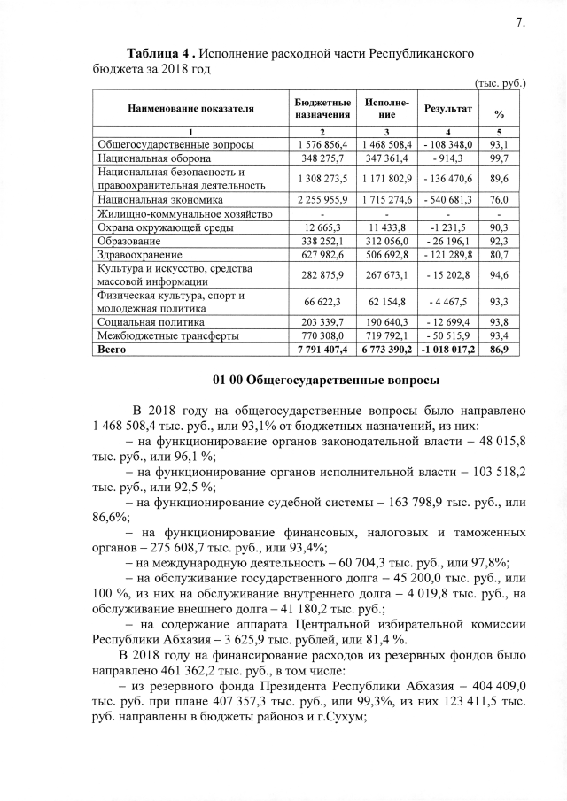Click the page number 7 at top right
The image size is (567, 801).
coord(519,23)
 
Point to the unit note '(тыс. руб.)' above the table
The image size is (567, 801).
coord(501,83)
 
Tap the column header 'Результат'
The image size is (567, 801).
coord(447,109)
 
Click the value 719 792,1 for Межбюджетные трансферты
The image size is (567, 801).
coord(386,337)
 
